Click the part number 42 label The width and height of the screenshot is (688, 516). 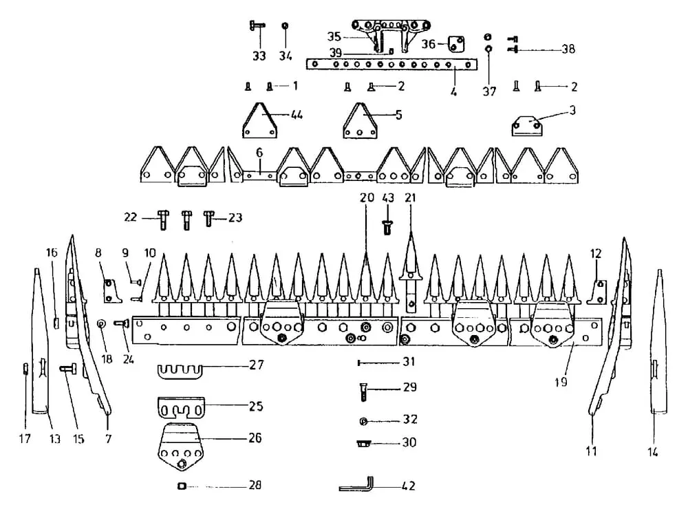409,486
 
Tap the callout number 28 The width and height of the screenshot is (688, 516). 255,486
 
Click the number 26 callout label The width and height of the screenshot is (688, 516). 255,438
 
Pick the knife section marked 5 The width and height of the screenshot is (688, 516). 362,122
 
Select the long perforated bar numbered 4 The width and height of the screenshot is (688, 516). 392,65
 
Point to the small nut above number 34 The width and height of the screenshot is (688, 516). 286,27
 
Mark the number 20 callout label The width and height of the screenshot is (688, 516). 366,197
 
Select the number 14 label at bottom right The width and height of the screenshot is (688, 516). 653,452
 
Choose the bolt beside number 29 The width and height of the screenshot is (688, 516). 363,393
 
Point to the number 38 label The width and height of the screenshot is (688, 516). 568,49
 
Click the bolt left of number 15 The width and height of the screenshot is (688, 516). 68,369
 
